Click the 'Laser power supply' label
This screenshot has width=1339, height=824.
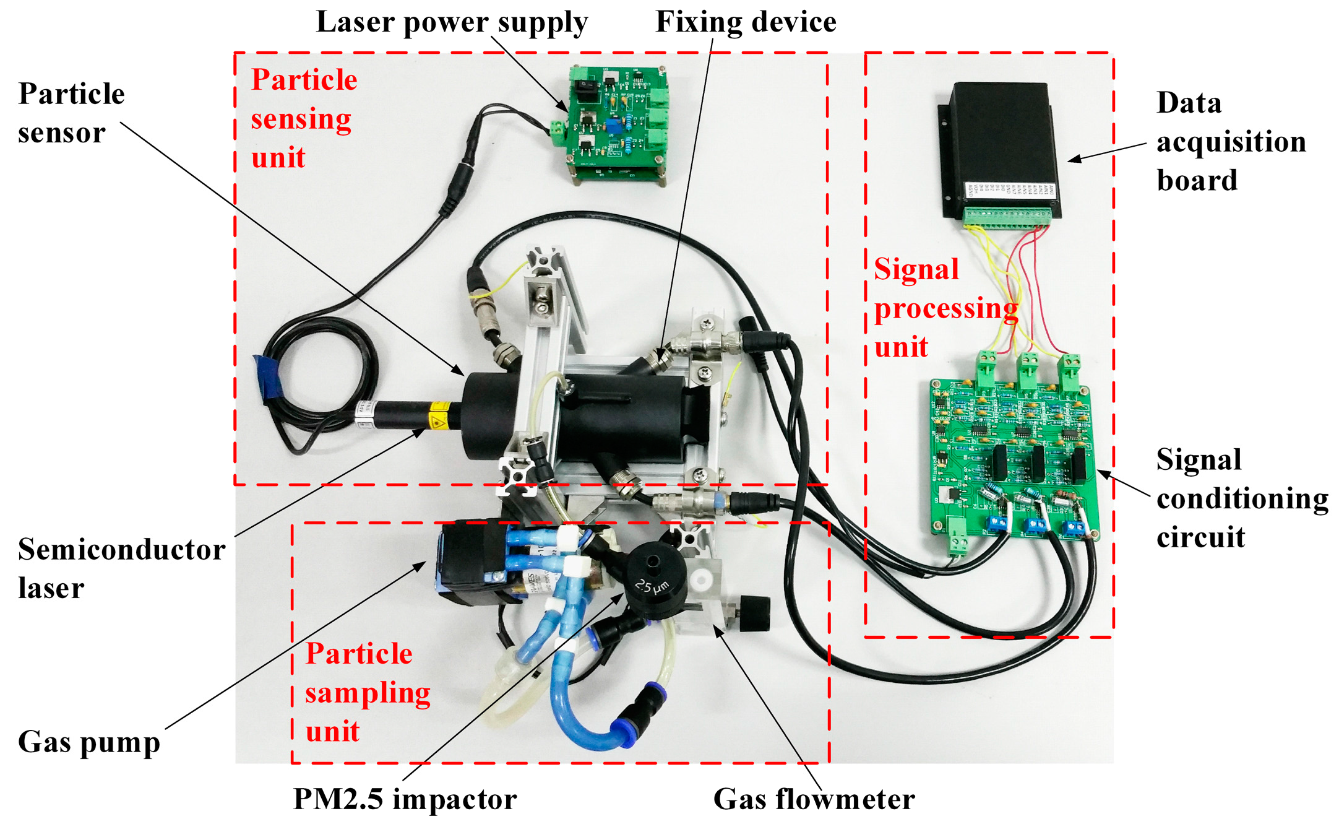452,22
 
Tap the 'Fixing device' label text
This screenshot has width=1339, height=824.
746,22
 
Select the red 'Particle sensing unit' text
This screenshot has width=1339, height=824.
303,118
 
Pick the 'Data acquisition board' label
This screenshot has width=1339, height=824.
1230,141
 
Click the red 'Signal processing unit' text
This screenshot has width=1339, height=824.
944,308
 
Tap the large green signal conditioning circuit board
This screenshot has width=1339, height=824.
1015,452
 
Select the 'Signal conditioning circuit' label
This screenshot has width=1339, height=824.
1241,498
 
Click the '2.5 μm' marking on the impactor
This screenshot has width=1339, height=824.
652,585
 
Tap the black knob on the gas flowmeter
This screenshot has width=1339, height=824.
754,613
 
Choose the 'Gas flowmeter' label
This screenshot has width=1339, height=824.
814,799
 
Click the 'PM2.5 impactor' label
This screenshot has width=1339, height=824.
405,799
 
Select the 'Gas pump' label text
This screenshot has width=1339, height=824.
88,742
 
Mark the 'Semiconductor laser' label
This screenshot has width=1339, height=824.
121,568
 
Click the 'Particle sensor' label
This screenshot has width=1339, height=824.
71,113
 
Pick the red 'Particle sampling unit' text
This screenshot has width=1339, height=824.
366,692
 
